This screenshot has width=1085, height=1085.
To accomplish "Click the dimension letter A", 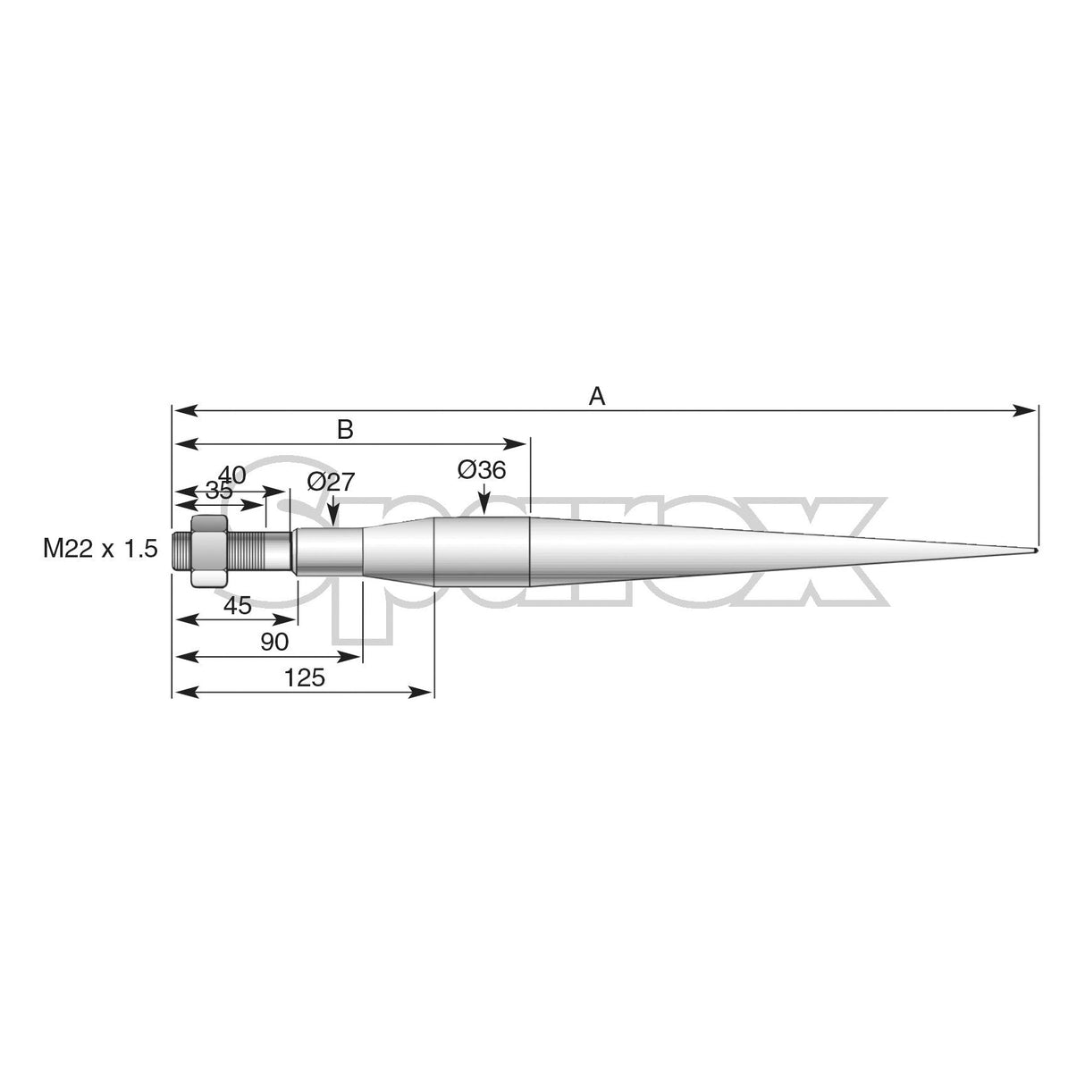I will point(597,396).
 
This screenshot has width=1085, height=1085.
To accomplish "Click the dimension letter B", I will point(345,430).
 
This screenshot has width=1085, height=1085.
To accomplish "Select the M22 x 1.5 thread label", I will point(100,549).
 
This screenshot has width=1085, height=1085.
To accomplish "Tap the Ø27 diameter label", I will point(331,482).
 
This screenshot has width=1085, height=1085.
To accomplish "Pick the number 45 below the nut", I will point(237,606).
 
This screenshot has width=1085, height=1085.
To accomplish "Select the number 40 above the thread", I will point(231,475).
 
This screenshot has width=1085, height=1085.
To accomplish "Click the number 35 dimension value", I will point(218,490).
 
